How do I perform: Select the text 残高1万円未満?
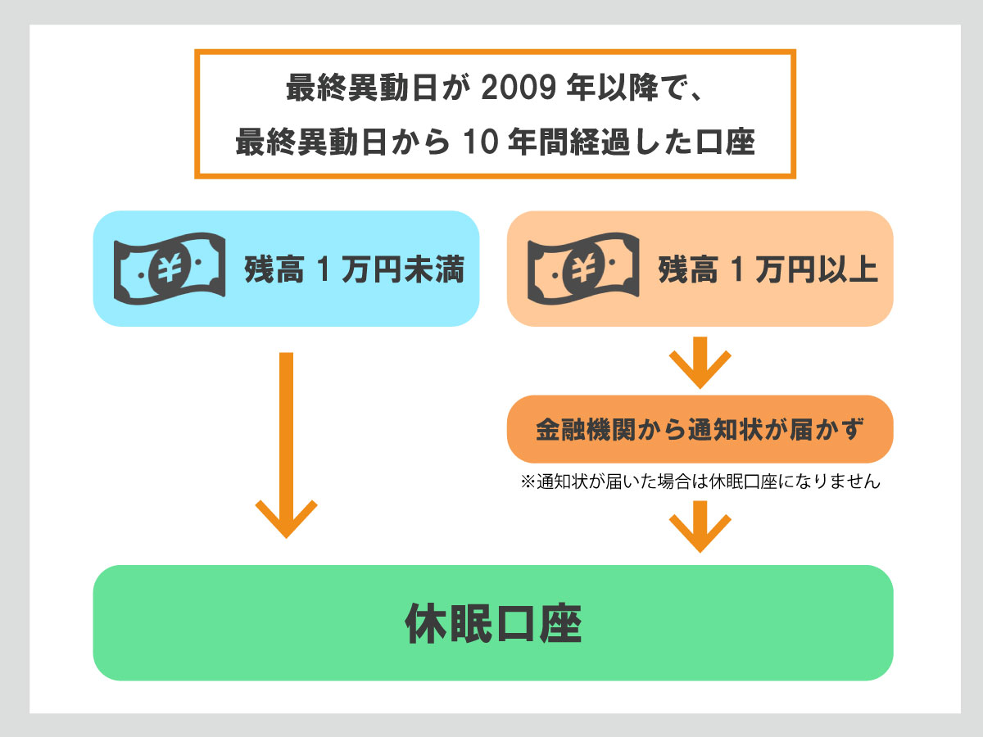coord(354,269)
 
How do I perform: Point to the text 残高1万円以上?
coord(768,269)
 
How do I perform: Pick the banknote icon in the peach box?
coord(582,268)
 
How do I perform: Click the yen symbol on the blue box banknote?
coord(169,268)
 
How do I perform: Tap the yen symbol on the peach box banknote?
coord(582,268)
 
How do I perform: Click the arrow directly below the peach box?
coord(700,361)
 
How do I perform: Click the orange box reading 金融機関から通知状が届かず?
coord(700,429)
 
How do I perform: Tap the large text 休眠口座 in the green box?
coord(493,625)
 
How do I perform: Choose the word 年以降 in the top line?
coord(611,88)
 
